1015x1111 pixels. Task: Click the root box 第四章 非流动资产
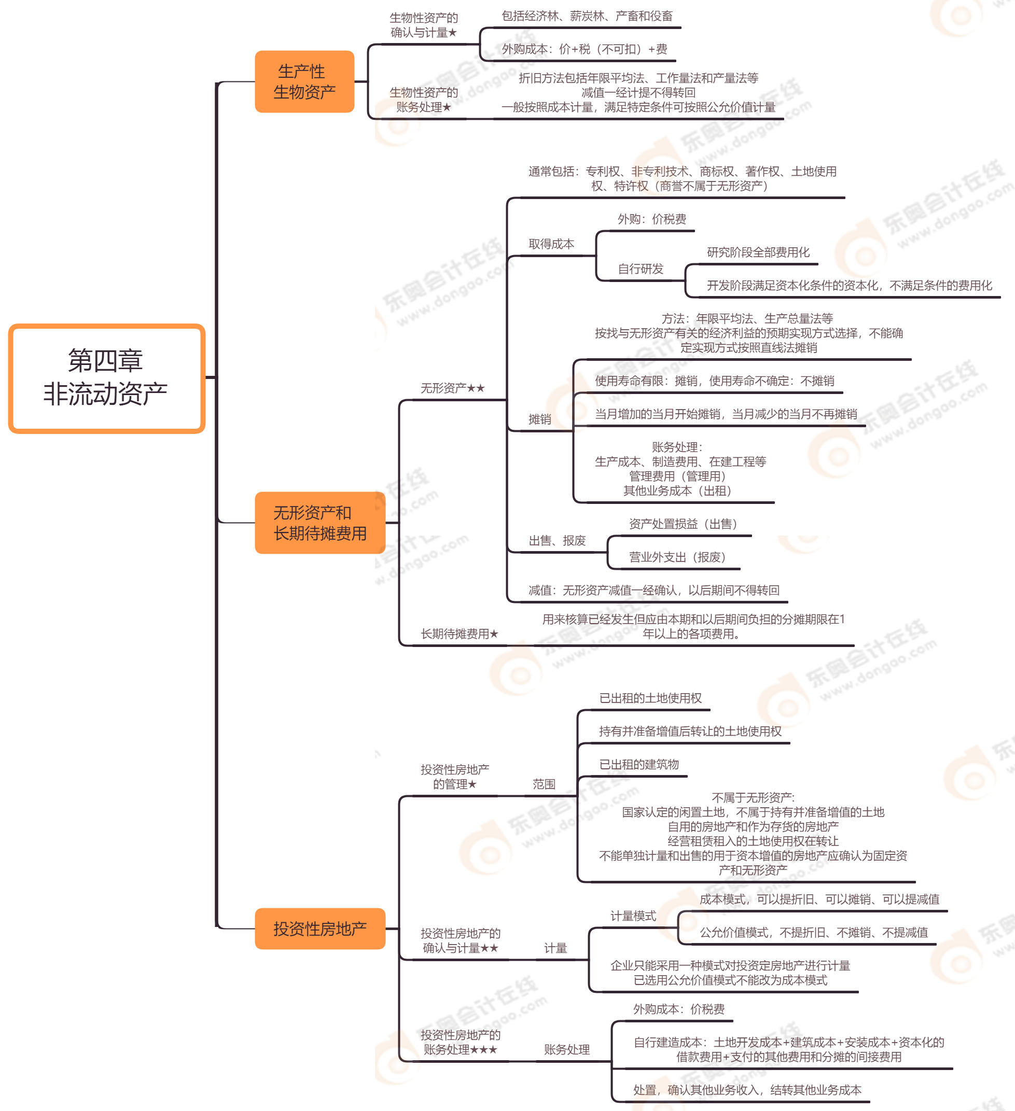click(106, 378)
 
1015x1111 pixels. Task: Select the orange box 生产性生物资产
click(304, 81)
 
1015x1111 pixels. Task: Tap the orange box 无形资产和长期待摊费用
click(320, 523)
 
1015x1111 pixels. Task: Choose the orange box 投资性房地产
click(320, 929)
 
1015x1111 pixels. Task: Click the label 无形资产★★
click(453, 388)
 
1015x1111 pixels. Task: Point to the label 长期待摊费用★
click(459, 634)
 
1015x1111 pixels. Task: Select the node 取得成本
click(551, 244)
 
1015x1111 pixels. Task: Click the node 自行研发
click(640, 269)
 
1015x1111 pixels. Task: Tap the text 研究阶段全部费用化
click(758, 252)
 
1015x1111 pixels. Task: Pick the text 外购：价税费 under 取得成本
click(651, 219)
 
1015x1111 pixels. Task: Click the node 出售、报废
click(557, 541)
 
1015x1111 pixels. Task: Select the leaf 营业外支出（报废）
click(677, 557)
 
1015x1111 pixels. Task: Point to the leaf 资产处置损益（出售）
click(683, 524)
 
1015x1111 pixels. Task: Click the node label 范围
click(544, 784)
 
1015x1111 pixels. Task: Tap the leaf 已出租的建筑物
click(639, 764)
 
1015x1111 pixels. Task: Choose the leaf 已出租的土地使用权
click(650, 698)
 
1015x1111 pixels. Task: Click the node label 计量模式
click(633, 916)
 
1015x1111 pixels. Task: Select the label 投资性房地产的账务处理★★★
click(461, 1042)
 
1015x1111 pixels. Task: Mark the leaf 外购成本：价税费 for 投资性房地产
click(679, 1009)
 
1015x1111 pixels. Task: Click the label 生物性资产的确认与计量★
click(423, 25)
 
